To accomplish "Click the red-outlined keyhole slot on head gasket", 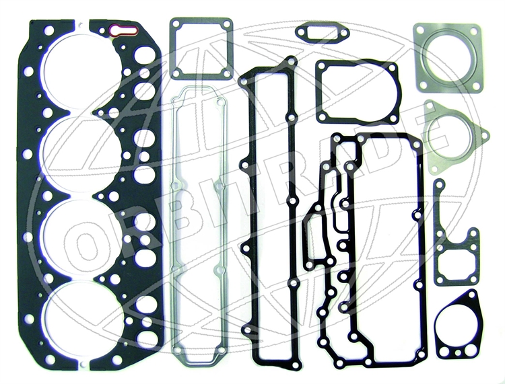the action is point(124,31).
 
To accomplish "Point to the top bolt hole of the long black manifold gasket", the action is point(291,60).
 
